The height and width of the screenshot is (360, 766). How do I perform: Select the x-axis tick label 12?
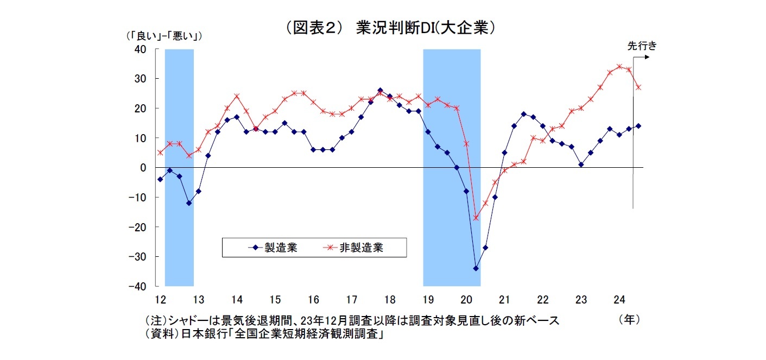point(160,299)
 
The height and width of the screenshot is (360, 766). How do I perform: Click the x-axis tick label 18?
point(389,299)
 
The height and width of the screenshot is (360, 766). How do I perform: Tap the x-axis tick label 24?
point(619,299)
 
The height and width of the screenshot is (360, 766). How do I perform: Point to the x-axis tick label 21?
point(504,299)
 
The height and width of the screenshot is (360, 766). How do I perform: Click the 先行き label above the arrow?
point(642,46)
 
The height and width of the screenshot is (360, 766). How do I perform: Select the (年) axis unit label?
point(629,320)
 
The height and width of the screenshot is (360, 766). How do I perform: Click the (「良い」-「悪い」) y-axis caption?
point(163,36)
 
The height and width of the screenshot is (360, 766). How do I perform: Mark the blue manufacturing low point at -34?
point(476,268)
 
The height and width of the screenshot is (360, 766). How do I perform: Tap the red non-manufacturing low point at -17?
point(476,218)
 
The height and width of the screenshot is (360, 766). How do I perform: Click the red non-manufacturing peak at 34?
point(619,67)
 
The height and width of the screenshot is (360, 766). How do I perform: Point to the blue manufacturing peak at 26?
point(380,91)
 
